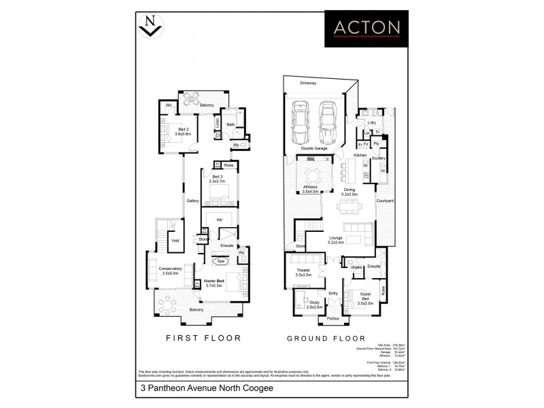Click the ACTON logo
pyautogui.click(x=366, y=28)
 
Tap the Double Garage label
pyautogui.click(x=315, y=148)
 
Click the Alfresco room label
pyautogui.click(x=310, y=188)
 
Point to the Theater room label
pyautogui.click(x=303, y=272)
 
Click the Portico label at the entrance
pyautogui.click(x=333, y=318)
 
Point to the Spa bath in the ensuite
pyautogui.click(x=222, y=260)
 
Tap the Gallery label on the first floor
pyautogui.click(x=193, y=201)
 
